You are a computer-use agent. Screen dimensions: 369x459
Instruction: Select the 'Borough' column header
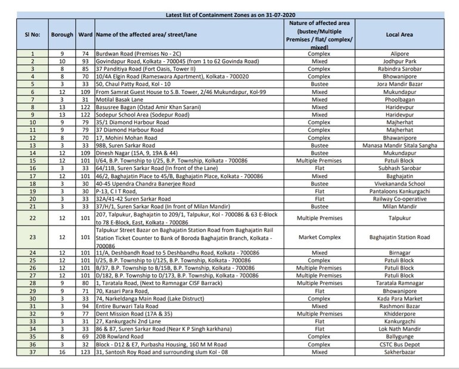(61, 35)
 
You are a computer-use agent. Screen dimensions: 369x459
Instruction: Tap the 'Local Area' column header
(400, 35)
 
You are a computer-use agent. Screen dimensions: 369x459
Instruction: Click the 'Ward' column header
(85, 35)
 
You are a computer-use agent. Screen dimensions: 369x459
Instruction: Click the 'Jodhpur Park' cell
(400, 61)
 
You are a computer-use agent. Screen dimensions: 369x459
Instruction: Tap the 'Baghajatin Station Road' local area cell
(400, 237)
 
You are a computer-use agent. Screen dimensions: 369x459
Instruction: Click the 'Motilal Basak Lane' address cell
(122, 99)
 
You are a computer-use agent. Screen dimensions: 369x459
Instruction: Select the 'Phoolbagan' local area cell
(400, 99)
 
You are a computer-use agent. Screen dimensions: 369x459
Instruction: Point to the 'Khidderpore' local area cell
(400, 314)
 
